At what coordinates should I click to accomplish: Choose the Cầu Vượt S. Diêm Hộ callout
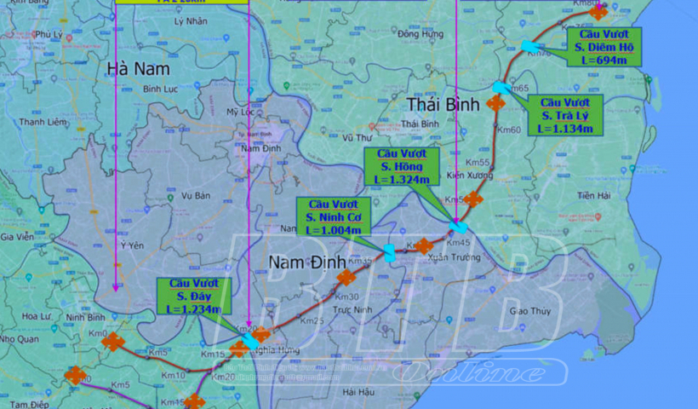607,47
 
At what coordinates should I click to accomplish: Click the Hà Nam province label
138,67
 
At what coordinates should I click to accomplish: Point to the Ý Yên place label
129,245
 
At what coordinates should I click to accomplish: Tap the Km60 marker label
509,130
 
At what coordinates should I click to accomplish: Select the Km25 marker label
312,320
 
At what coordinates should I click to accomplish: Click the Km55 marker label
479,163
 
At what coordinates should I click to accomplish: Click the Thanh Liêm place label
43,122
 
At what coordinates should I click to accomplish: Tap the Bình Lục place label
158,88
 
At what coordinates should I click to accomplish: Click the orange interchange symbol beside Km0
112,343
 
